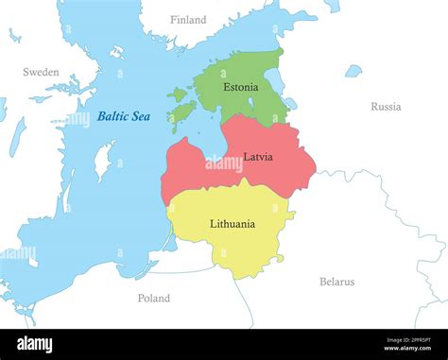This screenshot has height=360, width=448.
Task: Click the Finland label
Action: coord(188,20)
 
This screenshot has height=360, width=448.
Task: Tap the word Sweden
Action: coord(41,72)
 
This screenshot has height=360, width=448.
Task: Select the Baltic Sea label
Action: coord(123,117)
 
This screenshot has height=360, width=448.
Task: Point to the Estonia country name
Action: coord(240,87)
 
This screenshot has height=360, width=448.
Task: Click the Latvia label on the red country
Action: coord(258,156)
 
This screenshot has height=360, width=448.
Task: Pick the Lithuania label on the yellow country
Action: coord(232,224)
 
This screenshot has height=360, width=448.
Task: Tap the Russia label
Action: coord(386,107)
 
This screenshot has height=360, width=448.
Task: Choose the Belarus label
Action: coord(336,282)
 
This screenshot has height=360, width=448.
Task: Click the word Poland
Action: coord(154,298)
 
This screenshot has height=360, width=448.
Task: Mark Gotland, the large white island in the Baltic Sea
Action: coord(103,162)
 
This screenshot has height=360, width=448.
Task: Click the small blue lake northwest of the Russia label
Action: coord(353,71)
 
